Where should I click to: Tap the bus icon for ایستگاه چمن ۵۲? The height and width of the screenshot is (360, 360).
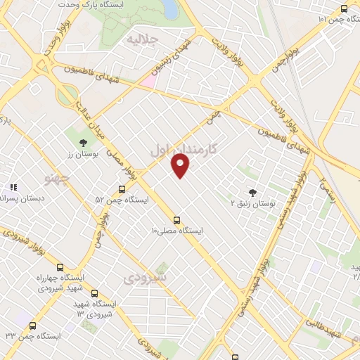coord(122,189)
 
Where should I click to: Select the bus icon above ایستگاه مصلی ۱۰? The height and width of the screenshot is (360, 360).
coord(176,219)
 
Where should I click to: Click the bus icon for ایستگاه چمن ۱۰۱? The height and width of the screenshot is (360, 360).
coord(344,9)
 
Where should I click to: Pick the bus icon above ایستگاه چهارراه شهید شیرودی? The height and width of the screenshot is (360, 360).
coord(60,267)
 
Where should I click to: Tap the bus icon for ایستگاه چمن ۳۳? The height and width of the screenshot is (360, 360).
coord(33,325)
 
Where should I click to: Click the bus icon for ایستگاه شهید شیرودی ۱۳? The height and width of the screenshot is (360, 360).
coord(94,294)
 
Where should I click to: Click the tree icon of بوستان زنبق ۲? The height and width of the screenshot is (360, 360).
coord(252,192)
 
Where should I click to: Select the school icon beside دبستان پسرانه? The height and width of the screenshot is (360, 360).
coord(13,188)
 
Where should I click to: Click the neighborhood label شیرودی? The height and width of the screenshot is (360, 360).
coord(145,278)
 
